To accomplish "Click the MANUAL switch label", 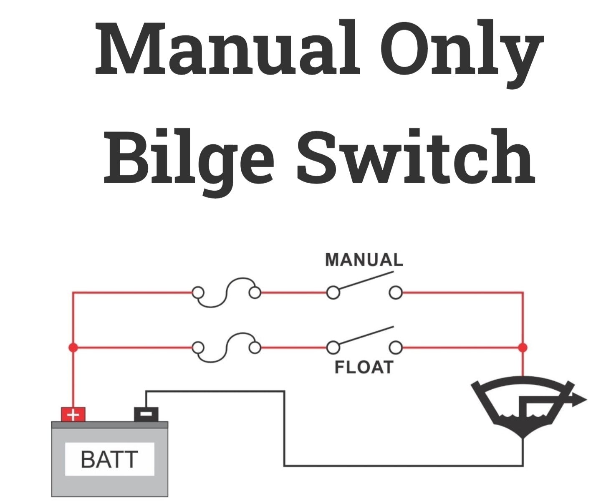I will [364, 260].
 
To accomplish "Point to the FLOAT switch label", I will [364, 367].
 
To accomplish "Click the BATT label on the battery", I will [109, 459].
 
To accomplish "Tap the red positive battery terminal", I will [73, 415].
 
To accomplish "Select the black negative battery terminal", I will [146, 414].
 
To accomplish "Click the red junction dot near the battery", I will [73, 347].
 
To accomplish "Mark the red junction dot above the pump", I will [523, 347].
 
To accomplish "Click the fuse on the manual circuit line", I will [226, 292].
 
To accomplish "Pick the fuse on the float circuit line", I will [226, 347].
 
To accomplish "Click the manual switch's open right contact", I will [395, 292].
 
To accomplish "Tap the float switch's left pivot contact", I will [333, 347].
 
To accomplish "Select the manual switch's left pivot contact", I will [333, 292].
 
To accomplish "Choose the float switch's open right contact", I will [395, 347].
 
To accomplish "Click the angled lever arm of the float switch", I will [366, 336].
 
